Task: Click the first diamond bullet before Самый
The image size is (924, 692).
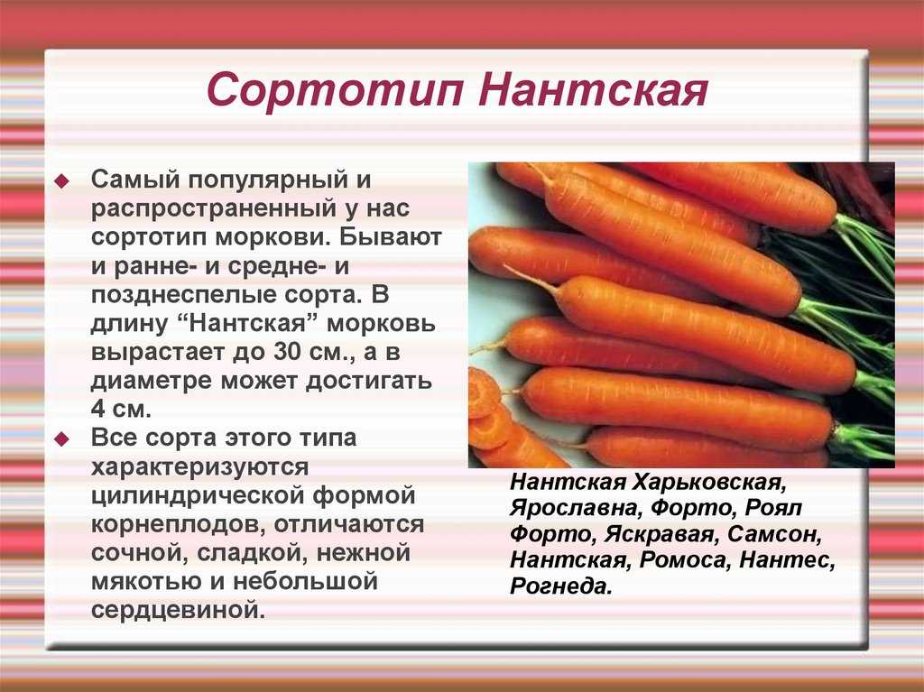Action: (61, 181)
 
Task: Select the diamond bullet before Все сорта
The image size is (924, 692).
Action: (61, 438)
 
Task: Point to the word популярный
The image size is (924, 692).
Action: (266, 180)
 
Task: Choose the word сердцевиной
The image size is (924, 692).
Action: (178, 610)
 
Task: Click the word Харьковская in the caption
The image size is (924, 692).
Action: (709, 483)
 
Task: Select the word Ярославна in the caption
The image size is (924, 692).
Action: (576, 508)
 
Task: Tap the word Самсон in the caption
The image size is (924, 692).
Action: (774, 535)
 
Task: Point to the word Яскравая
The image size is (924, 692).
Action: (660, 535)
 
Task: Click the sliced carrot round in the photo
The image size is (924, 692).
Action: (484, 392)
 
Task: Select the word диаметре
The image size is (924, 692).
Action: (151, 382)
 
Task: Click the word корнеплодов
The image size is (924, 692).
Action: (178, 524)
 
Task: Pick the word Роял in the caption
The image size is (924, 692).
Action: (773, 508)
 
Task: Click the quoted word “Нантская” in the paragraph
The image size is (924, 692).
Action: (249, 324)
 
